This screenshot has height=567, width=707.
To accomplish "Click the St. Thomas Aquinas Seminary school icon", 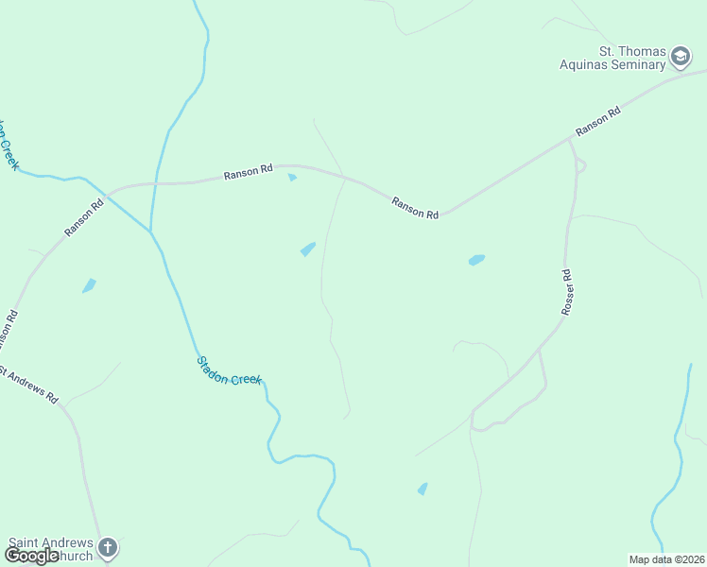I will [681, 59].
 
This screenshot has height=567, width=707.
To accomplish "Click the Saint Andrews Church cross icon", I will [108, 547].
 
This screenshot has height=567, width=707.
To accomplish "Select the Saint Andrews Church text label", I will [51, 549].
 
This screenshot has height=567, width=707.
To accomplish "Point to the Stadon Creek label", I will [229, 370].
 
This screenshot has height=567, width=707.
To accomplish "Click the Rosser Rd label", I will [567, 292].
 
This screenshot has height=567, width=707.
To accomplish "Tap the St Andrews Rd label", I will [28, 385].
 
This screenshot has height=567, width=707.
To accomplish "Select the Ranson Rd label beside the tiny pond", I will [249, 172].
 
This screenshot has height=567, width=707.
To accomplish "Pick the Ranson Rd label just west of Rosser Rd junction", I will [415, 208].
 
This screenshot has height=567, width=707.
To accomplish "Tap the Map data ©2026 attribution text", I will [666, 559].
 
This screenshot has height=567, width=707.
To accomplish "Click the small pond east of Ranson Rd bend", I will [476, 259].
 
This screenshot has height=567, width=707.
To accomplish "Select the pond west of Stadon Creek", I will [89, 285].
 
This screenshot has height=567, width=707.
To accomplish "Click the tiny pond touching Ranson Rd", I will [292, 177].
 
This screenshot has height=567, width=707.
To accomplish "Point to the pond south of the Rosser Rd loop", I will [422, 489].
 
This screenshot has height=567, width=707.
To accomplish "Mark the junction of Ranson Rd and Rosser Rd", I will [570, 140].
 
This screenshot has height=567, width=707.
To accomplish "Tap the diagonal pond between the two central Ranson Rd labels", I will [307, 249].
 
